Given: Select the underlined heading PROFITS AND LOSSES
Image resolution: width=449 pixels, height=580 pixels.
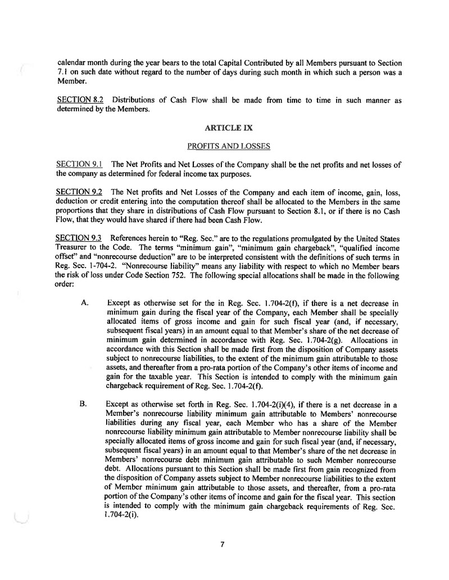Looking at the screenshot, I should click(228, 146).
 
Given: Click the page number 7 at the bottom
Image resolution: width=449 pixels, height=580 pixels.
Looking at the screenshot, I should click(223, 542).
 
